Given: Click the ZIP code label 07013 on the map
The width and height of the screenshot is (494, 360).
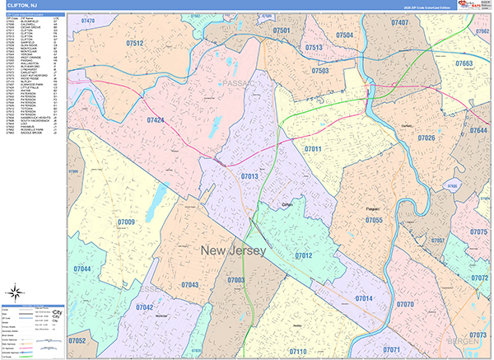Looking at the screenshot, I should [x=249, y=175].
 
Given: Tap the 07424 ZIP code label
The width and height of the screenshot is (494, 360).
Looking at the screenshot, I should [x=154, y=120].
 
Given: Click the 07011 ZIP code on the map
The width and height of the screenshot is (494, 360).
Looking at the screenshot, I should [x=313, y=148].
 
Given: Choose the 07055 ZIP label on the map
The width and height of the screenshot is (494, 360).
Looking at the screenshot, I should [x=374, y=221].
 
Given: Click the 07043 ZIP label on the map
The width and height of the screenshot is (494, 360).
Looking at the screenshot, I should [x=189, y=284].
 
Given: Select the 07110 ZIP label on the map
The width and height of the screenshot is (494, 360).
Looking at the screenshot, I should [x=297, y=351].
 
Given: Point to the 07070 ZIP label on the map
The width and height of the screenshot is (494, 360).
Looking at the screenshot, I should [x=405, y=304].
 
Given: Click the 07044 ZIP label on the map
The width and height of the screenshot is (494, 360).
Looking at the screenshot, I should [x=82, y=269].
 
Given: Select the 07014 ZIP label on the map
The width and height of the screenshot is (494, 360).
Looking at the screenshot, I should [x=363, y=297].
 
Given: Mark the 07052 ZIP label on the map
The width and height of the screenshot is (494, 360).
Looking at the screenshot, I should [x=77, y=339].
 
